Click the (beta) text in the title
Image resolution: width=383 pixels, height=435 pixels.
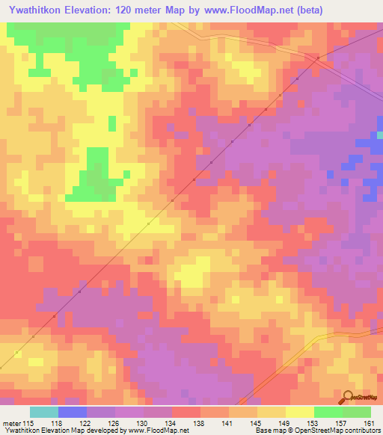point(358,10)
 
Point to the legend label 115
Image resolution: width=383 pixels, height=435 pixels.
point(29,424)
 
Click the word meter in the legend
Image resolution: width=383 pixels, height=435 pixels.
point(11,424)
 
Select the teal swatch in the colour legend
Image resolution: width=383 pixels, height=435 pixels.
point(44,412)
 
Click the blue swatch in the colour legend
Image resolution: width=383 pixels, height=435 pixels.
point(73,412)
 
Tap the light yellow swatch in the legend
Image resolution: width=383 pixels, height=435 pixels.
point(299,412)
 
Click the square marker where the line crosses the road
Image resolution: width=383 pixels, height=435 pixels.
point(318,58)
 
